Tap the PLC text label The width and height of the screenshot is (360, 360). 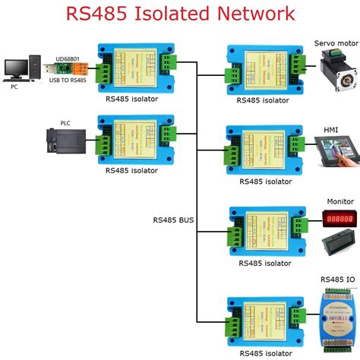point(65,122)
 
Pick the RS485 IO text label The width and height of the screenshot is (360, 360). point(337,279)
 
